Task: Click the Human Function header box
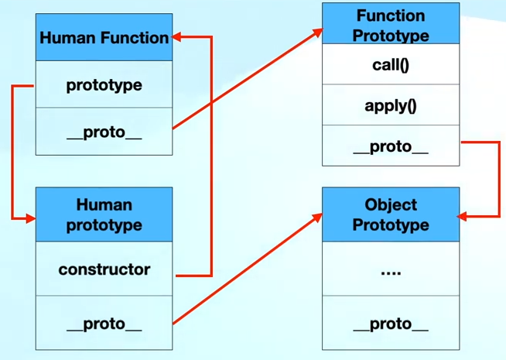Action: [x=104, y=37]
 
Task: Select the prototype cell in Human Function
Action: [x=104, y=84]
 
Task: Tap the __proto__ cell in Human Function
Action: [x=104, y=132]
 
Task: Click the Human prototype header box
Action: [x=104, y=214]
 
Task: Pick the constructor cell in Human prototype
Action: [x=104, y=269]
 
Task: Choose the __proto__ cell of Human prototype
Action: [x=104, y=324]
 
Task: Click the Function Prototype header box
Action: [x=391, y=24]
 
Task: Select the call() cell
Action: [x=391, y=64]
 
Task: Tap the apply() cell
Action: [x=391, y=105]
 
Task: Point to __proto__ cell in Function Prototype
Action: [x=391, y=146]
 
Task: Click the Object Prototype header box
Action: [x=391, y=214]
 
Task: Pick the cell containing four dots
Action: [x=391, y=271]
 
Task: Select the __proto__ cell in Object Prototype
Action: [x=391, y=324]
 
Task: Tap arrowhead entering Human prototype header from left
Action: [x=30, y=219]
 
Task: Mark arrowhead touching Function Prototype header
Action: [x=317, y=32]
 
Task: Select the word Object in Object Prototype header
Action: [x=391, y=205]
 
